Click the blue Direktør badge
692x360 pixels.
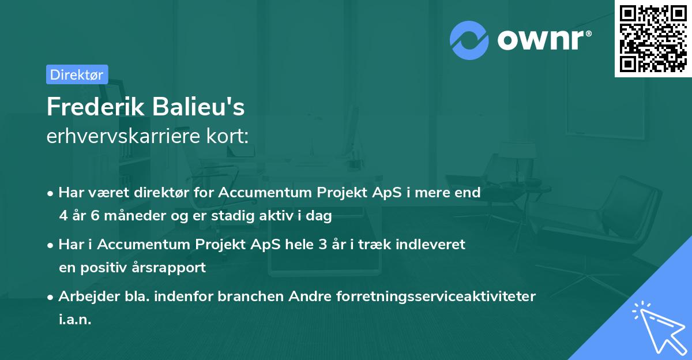coord(77,74)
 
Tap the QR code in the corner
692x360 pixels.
coord(652,39)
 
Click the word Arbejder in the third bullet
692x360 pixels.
coord(84,297)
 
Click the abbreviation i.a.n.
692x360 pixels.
coord(75,320)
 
